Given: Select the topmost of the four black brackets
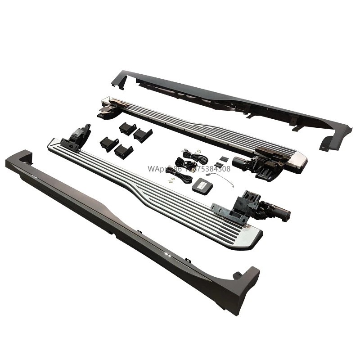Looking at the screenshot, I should click(x=127, y=128).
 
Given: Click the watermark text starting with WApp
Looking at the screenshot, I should click(x=189, y=169).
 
